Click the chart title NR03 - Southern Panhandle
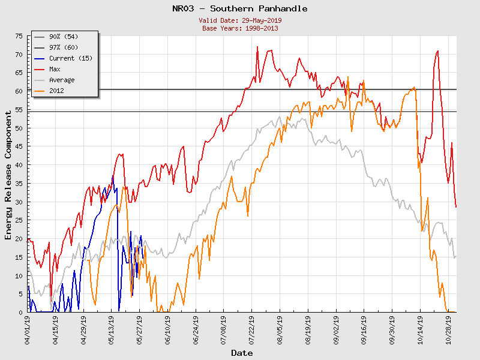(x=240, y=8)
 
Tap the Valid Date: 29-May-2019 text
(x=240, y=20)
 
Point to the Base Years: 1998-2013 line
(x=240, y=28)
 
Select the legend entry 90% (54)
(x=64, y=37)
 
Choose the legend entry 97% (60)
(x=64, y=47)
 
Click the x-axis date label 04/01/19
(x=28, y=329)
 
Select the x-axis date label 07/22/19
(x=251, y=329)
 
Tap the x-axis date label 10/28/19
(x=448, y=329)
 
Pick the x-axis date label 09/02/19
(x=336, y=329)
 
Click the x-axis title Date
(x=242, y=353)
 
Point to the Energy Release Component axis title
(x=8, y=174)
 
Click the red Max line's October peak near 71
(x=437, y=51)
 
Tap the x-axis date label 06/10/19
(x=167, y=329)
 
